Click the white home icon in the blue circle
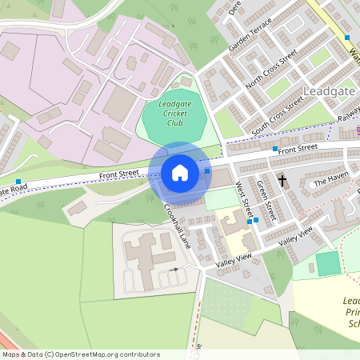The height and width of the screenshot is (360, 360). [x=180, y=173]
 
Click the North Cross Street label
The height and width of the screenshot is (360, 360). [x=271, y=70]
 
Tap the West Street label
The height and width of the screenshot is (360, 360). [x=244, y=201]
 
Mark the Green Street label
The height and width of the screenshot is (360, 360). [x=266, y=200]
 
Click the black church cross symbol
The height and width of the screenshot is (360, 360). [x=282, y=182]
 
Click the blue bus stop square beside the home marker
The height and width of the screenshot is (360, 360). [x=207, y=170]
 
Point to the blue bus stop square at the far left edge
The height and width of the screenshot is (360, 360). [x=18, y=182]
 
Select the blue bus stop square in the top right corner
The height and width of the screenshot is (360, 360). [x=347, y=38]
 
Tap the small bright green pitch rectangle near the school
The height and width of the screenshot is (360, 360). [x=328, y=263]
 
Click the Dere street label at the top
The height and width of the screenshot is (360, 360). [x=235, y=8]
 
